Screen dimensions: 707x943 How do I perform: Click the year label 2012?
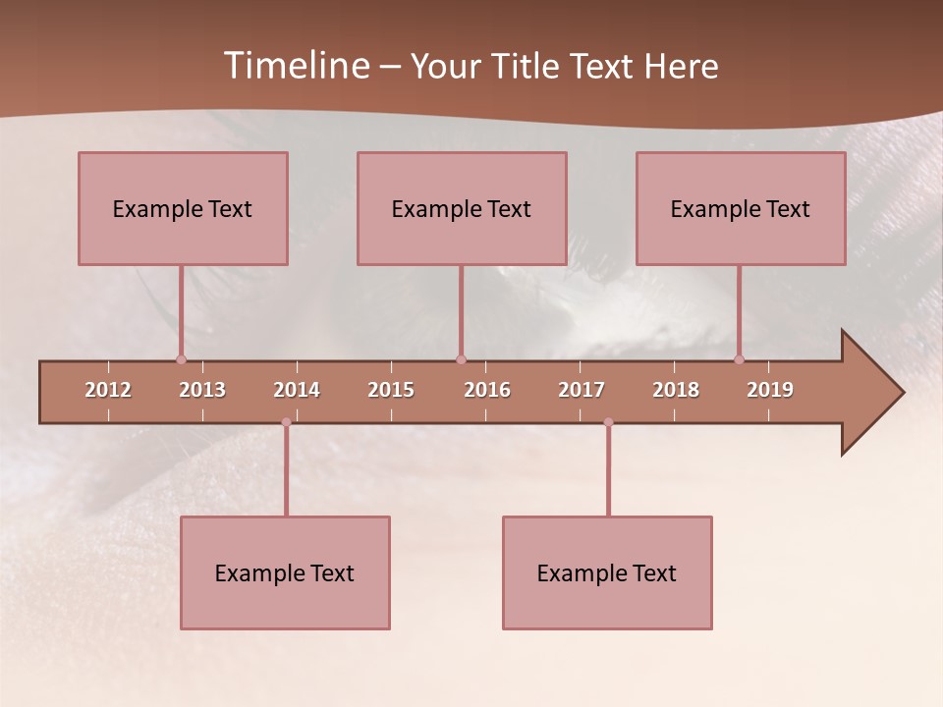click(x=108, y=390)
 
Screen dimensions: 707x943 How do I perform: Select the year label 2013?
click(x=202, y=390)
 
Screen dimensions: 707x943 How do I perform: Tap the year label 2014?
click(x=297, y=390)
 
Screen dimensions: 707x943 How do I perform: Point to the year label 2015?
click(x=391, y=390)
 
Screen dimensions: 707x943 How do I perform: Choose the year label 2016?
click(x=487, y=390)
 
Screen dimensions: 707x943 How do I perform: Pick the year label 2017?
click(x=582, y=390)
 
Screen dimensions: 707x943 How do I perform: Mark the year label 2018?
click(x=676, y=390)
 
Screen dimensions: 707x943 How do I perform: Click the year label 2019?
click(x=770, y=390)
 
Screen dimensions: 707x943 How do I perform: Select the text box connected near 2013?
click(x=183, y=208)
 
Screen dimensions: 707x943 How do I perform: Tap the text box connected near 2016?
click(x=462, y=208)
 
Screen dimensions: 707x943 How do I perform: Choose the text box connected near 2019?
click(x=741, y=208)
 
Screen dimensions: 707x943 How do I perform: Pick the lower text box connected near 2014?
click(x=285, y=572)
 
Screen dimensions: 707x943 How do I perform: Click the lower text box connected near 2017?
click(x=607, y=572)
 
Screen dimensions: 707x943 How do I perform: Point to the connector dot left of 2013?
click(x=181, y=359)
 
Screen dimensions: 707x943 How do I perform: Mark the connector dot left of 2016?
click(x=461, y=359)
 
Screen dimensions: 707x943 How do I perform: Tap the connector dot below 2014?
click(x=286, y=422)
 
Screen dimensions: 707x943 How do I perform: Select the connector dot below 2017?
click(x=608, y=422)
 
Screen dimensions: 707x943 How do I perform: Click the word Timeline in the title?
click(x=296, y=66)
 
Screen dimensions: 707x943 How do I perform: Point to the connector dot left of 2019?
click(x=739, y=359)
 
